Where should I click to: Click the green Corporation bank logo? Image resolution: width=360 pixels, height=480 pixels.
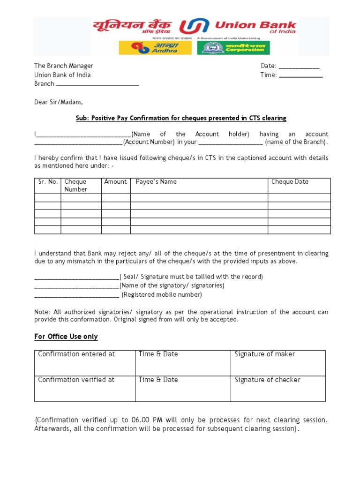233,48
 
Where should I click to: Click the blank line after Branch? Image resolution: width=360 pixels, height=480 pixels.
97,85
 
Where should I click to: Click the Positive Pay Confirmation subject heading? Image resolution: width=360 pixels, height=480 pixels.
181,118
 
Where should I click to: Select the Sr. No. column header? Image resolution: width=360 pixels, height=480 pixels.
48,182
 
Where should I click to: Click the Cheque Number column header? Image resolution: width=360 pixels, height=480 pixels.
76,186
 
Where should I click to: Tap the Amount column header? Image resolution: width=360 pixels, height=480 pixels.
116,182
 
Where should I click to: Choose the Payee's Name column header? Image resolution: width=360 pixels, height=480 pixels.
156,182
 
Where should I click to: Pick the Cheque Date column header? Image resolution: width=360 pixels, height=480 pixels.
290,182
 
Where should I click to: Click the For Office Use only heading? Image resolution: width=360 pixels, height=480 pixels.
66,337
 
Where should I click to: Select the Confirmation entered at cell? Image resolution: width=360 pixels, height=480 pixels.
76,354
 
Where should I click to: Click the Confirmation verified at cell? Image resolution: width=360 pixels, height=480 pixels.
76,380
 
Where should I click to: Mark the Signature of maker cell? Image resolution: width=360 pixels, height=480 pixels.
265,354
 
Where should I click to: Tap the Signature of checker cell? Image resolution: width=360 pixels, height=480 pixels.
267,380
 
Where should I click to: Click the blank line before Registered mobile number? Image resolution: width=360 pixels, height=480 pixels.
77,296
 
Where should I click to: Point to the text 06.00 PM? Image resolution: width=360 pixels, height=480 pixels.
149,420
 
